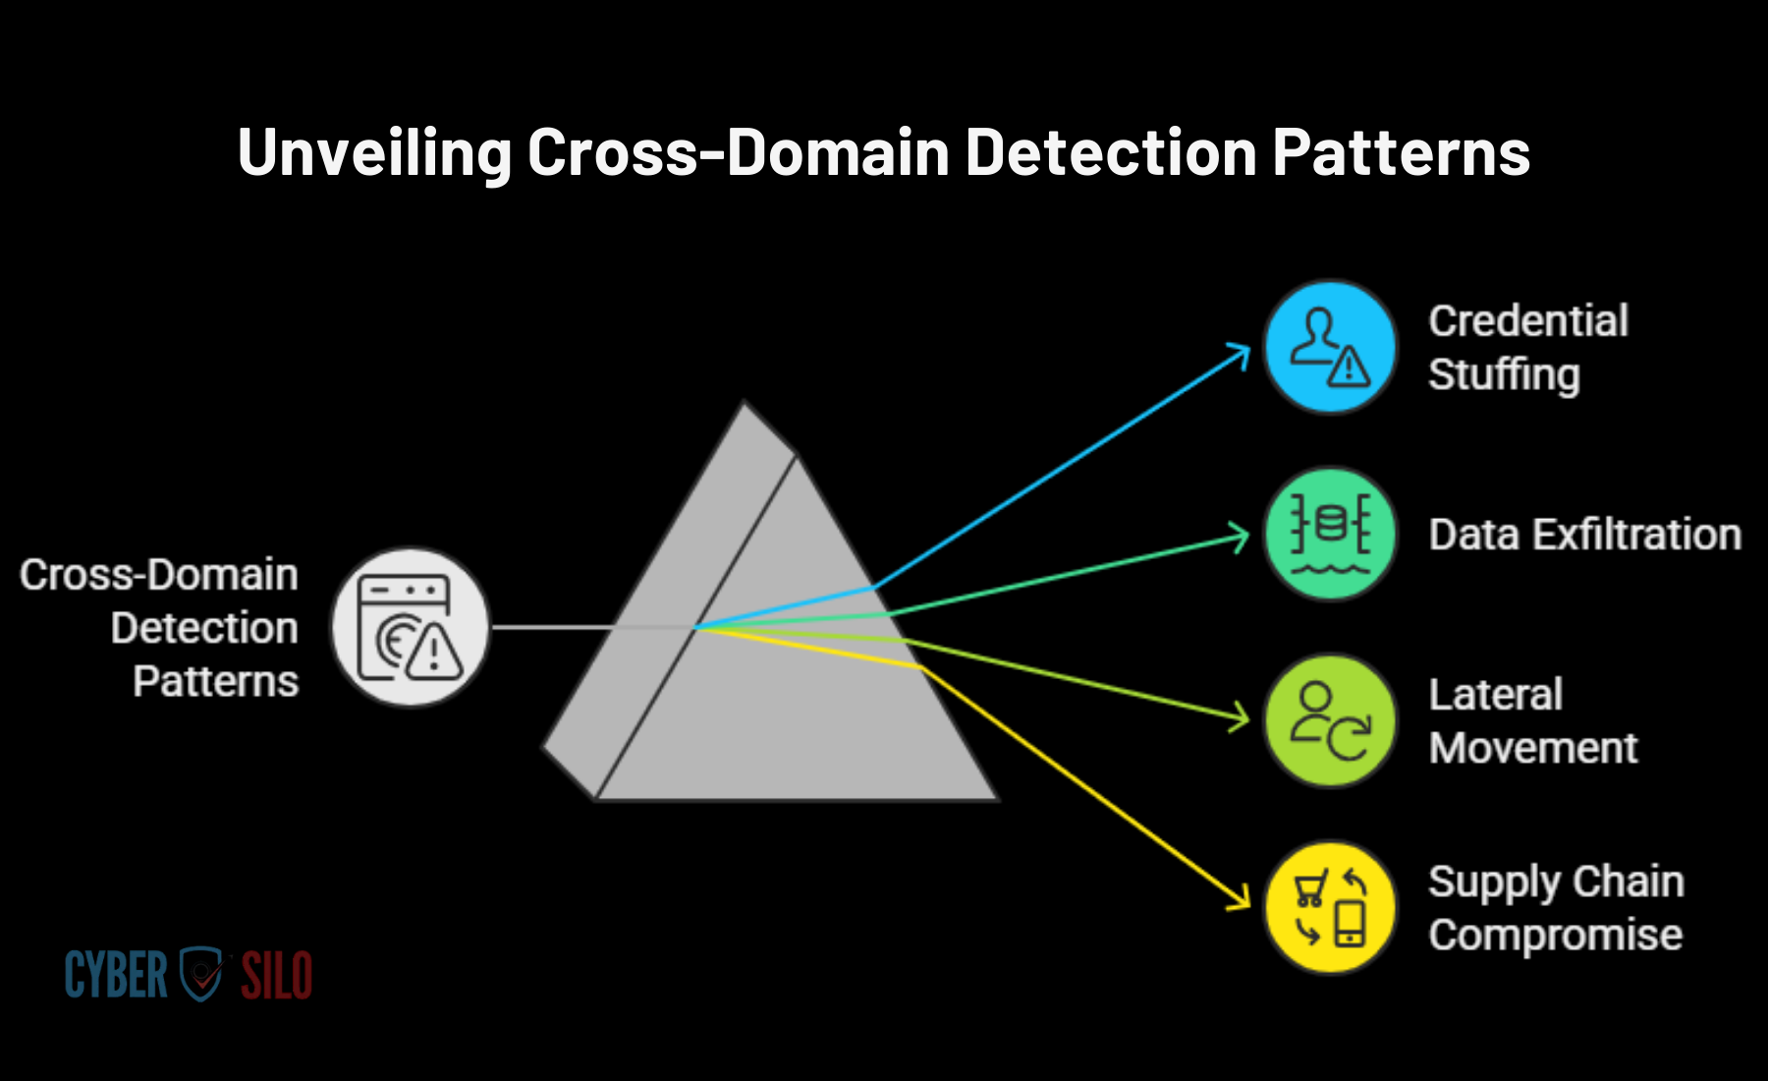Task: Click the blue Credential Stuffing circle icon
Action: click(x=1330, y=347)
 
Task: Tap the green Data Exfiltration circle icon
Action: click(x=1330, y=534)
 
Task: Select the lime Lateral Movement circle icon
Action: click(x=1330, y=720)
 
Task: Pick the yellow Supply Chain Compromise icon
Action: click(x=1330, y=907)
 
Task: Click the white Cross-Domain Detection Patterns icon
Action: click(x=411, y=627)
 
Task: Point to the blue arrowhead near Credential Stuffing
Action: click(x=1240, y=353)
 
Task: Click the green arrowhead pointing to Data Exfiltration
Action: click(x=1240, y=537)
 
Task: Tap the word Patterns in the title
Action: click(x=1402, y=153)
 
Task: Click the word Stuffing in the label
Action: click(x=1504, y=375)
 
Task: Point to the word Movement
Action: click(x=1533, y=748)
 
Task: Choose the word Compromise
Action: click(x=1556, y=936)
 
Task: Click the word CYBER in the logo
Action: click(x=116, y=975)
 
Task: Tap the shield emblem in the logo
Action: click(x=203, y=974)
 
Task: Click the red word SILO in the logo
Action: click(x=277, y=975)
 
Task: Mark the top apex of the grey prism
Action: click(x=745, y=402)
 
